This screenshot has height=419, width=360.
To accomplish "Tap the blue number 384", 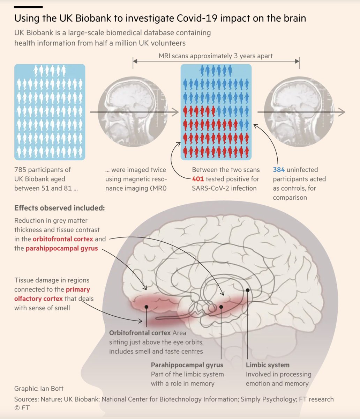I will (279, 170).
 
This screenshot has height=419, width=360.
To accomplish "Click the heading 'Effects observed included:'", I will (59, 208).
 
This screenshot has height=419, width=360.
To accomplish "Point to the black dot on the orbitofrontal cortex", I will (147, 307).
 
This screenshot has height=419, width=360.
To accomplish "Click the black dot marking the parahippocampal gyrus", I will (221, 307).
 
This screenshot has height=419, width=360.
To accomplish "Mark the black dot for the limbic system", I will (247, 290).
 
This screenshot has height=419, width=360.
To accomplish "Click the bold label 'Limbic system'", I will (268, 365).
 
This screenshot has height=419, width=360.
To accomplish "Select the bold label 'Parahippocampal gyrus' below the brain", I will (187, 365).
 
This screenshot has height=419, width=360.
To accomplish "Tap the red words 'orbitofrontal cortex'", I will (63, 240).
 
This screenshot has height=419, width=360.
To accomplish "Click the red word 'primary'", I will (78, 289).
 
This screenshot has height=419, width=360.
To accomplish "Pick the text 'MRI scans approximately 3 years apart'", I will (216, 56).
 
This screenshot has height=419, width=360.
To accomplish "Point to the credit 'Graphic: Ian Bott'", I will (39, 389).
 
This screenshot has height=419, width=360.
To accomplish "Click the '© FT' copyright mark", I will (22, 407).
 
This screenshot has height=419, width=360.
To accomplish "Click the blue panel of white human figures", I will (50, 112).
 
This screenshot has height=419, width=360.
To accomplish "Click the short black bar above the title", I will (28, 7).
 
